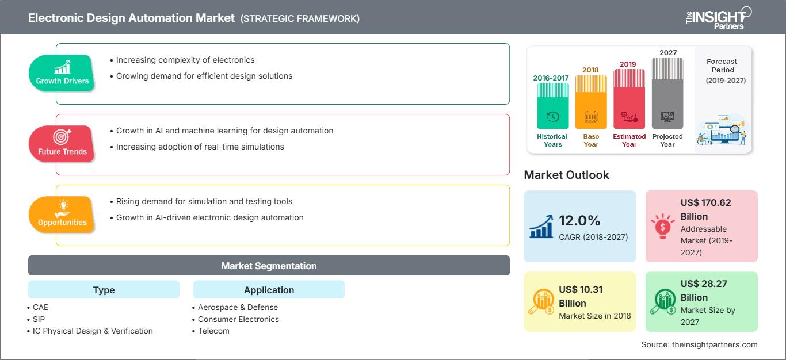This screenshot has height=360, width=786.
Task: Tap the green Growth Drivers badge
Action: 62,72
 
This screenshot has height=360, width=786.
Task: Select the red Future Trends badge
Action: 62,143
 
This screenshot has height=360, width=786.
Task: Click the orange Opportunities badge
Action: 62,214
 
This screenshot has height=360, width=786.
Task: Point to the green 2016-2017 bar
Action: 552,106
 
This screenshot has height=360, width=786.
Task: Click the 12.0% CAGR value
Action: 579,221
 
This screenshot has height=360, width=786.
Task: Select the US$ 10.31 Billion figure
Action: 581,296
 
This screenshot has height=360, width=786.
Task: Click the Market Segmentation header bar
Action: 269,266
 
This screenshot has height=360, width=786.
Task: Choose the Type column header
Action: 104,290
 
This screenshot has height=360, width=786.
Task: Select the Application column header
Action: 269,290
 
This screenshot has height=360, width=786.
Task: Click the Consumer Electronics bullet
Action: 238,319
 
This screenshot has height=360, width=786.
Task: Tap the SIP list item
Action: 39,319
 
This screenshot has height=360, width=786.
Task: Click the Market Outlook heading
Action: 566,175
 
